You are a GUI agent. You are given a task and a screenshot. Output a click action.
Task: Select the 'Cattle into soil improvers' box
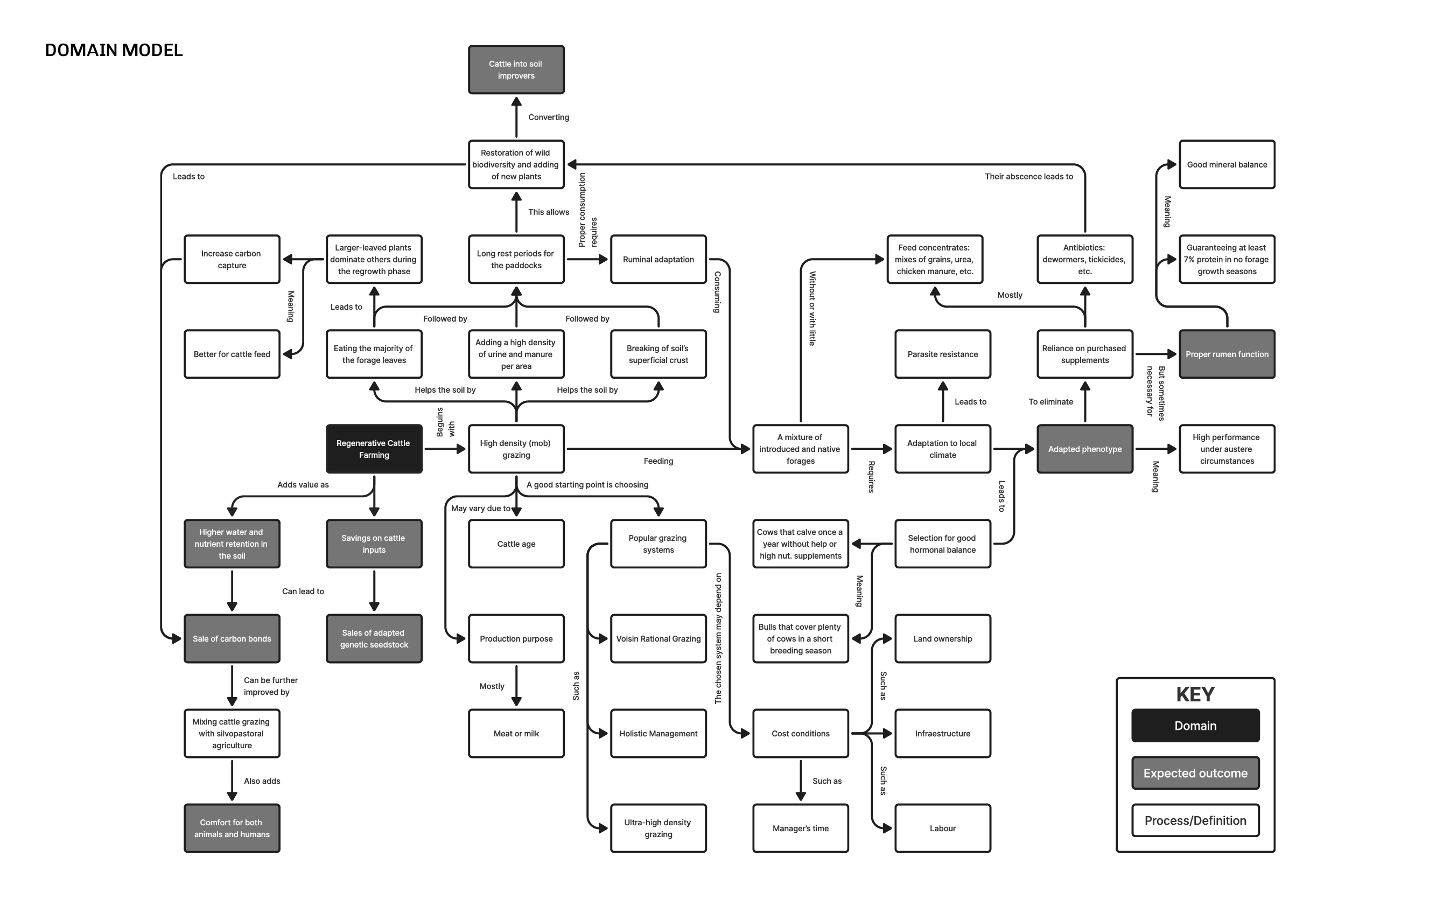[x=516, y=69]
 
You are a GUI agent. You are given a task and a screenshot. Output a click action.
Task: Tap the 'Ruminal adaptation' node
[x=658, y=260]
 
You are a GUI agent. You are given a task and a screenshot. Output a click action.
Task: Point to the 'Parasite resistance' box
[x=942, y=354]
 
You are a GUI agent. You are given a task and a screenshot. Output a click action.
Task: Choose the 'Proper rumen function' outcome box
[x=1227, y=354]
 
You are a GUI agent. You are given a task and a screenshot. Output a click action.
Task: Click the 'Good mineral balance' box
[x=1227, y=164]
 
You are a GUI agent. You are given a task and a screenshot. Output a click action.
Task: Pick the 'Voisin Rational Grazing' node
[x=658, y=638]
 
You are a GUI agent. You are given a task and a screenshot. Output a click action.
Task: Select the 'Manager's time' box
[x=800, y=828]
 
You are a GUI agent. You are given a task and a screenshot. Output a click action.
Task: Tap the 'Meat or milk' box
[x=516, y=734]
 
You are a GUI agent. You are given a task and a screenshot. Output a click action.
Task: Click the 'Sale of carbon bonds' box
[x=232, y=638]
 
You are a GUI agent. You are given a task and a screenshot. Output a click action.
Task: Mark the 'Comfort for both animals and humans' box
[x=232, y=828]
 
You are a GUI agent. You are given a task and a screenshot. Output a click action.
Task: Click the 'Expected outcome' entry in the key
[x=1195, y=772]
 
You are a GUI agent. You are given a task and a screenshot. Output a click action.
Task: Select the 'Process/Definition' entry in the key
[x=1195, y=820]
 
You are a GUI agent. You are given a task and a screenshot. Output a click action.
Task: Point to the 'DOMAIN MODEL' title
[x=114, y=50]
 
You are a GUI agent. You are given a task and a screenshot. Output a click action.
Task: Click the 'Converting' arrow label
[x=549, y=117]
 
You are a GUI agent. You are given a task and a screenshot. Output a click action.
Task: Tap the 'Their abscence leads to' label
[x=1028, y=176]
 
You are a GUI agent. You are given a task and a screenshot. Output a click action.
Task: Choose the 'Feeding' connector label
[x=658, y=461]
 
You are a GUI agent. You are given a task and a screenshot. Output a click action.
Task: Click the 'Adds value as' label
[x=303, y=485]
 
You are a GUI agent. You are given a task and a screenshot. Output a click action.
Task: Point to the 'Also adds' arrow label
[x=262, y=781]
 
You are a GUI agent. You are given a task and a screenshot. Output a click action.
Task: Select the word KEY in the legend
[x=1195, y=694]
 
